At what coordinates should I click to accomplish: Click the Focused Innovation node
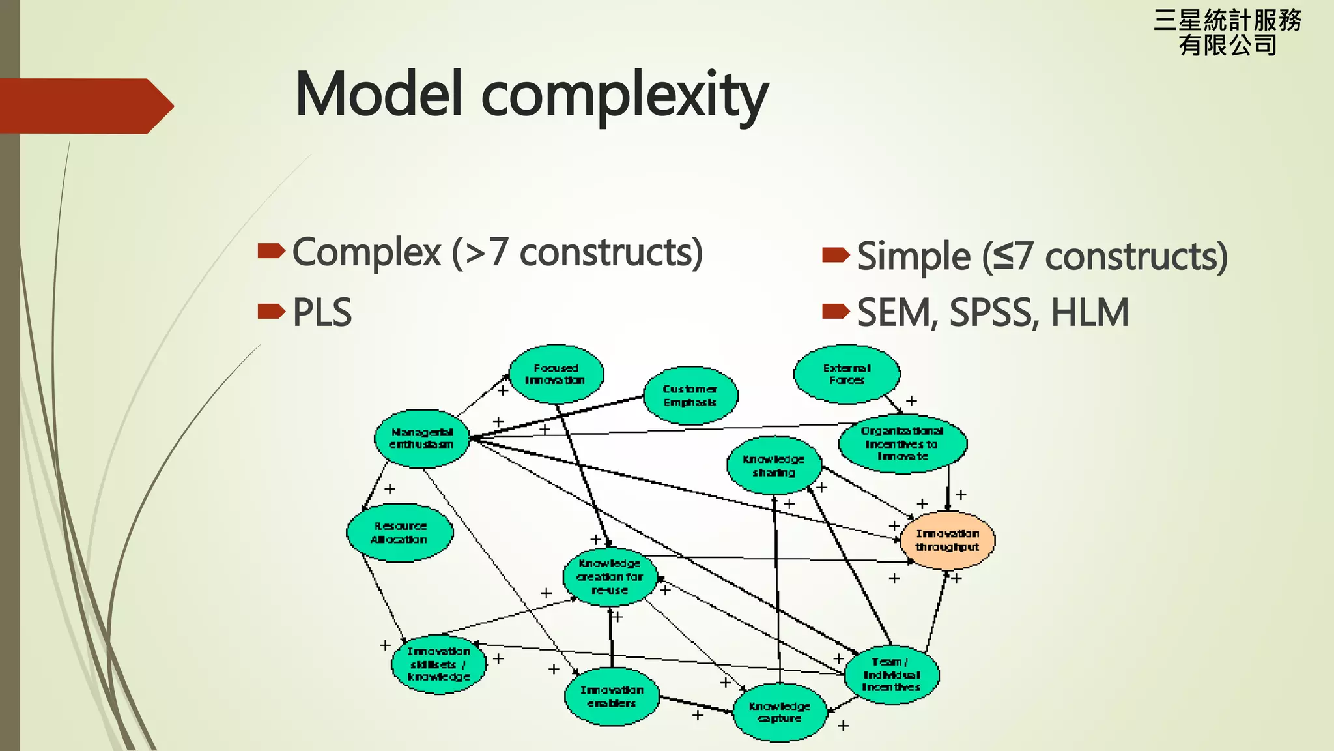click(x=556, y=374)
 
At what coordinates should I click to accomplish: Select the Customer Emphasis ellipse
click(x=690, y=396)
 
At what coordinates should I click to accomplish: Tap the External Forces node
click(x=847, y=374)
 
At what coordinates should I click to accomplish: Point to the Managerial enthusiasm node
click(x=421, y=438)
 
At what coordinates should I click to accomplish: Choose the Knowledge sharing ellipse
click(x=774, y=465)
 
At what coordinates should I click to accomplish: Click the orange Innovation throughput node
click(x=948, y=540)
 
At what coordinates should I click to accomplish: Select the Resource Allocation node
click(x=399, y=533)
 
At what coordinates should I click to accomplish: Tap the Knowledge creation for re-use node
click(x=610, y=576)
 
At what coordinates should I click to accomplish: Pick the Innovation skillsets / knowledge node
click(x=438, y=664)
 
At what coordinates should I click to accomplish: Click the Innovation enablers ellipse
click(x=612, y=696)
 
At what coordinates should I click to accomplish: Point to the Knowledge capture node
click(x=780, y=712)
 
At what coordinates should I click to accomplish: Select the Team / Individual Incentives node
click(x=892, y=674)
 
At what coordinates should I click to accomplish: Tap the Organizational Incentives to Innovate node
click(x=902, y=443)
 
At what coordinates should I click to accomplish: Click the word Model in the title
click(x=380, y=95)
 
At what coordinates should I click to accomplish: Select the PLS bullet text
click(x=322, y=312)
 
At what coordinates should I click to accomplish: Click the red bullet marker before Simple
click(x=836, y=255)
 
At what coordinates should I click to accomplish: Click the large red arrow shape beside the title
click(x=85, y=106)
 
